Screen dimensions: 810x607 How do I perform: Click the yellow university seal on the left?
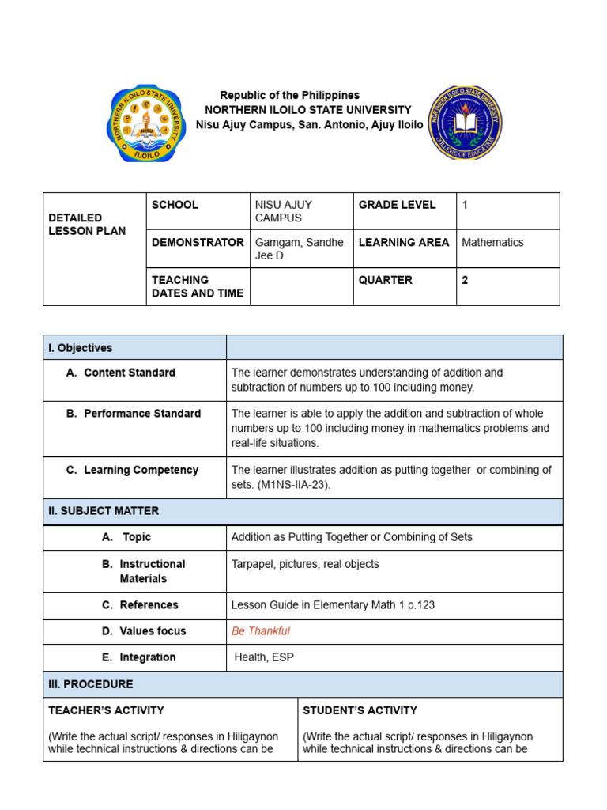(146, 123)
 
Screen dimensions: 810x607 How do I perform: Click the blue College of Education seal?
(465, 123)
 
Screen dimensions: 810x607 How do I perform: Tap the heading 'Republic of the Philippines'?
(289, 95)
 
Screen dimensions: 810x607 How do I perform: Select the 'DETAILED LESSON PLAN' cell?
(87, 224)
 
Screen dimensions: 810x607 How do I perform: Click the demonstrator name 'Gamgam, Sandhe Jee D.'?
(299, 248)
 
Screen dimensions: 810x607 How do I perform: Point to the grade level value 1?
(466, 205)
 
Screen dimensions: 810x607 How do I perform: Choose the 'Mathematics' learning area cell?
(492, 243)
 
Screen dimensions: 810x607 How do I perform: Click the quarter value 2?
(466, 280)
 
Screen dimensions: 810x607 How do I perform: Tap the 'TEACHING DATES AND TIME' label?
(197, 286)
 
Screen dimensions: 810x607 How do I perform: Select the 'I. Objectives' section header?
(81, 348)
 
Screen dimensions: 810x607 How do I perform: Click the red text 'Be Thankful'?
(261, 631)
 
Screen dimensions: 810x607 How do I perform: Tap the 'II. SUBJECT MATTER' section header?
(104, 511)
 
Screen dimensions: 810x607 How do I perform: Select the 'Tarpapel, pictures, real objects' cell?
(305, 564)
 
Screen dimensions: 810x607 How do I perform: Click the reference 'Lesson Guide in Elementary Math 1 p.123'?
(333, 605)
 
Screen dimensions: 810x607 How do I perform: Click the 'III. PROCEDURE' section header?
(91, 684)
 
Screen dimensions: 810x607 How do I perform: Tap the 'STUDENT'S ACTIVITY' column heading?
(360, 710)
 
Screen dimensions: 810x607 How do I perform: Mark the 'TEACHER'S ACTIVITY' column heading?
(106, 710)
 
